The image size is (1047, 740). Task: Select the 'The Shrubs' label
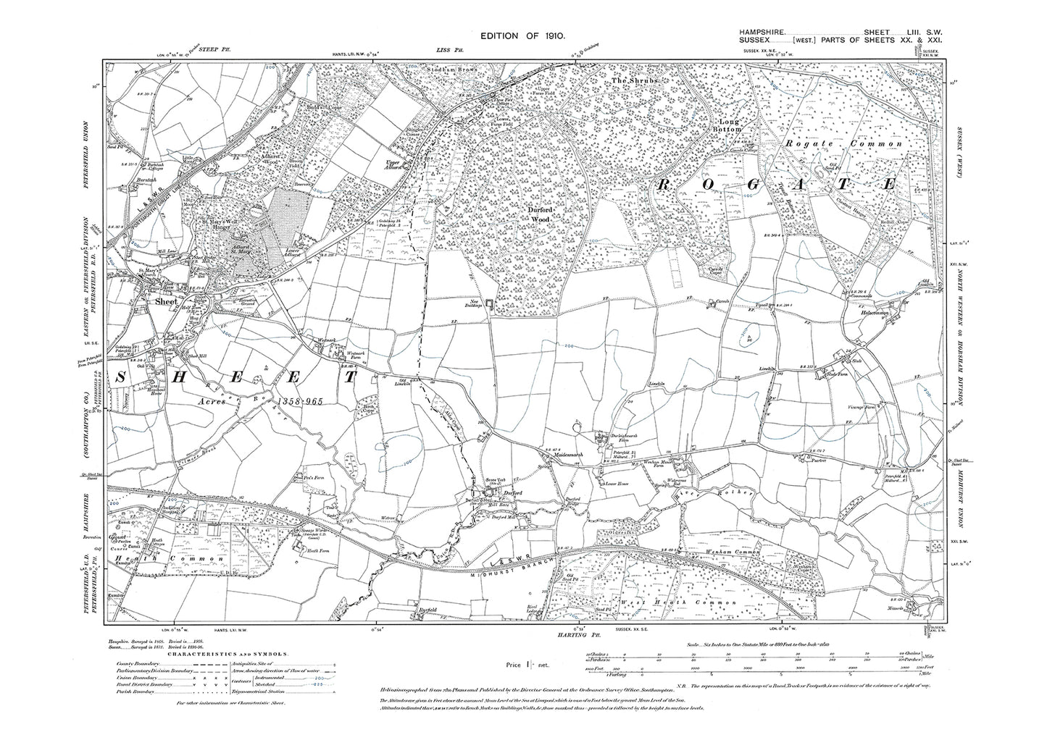tap(634, 82)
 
